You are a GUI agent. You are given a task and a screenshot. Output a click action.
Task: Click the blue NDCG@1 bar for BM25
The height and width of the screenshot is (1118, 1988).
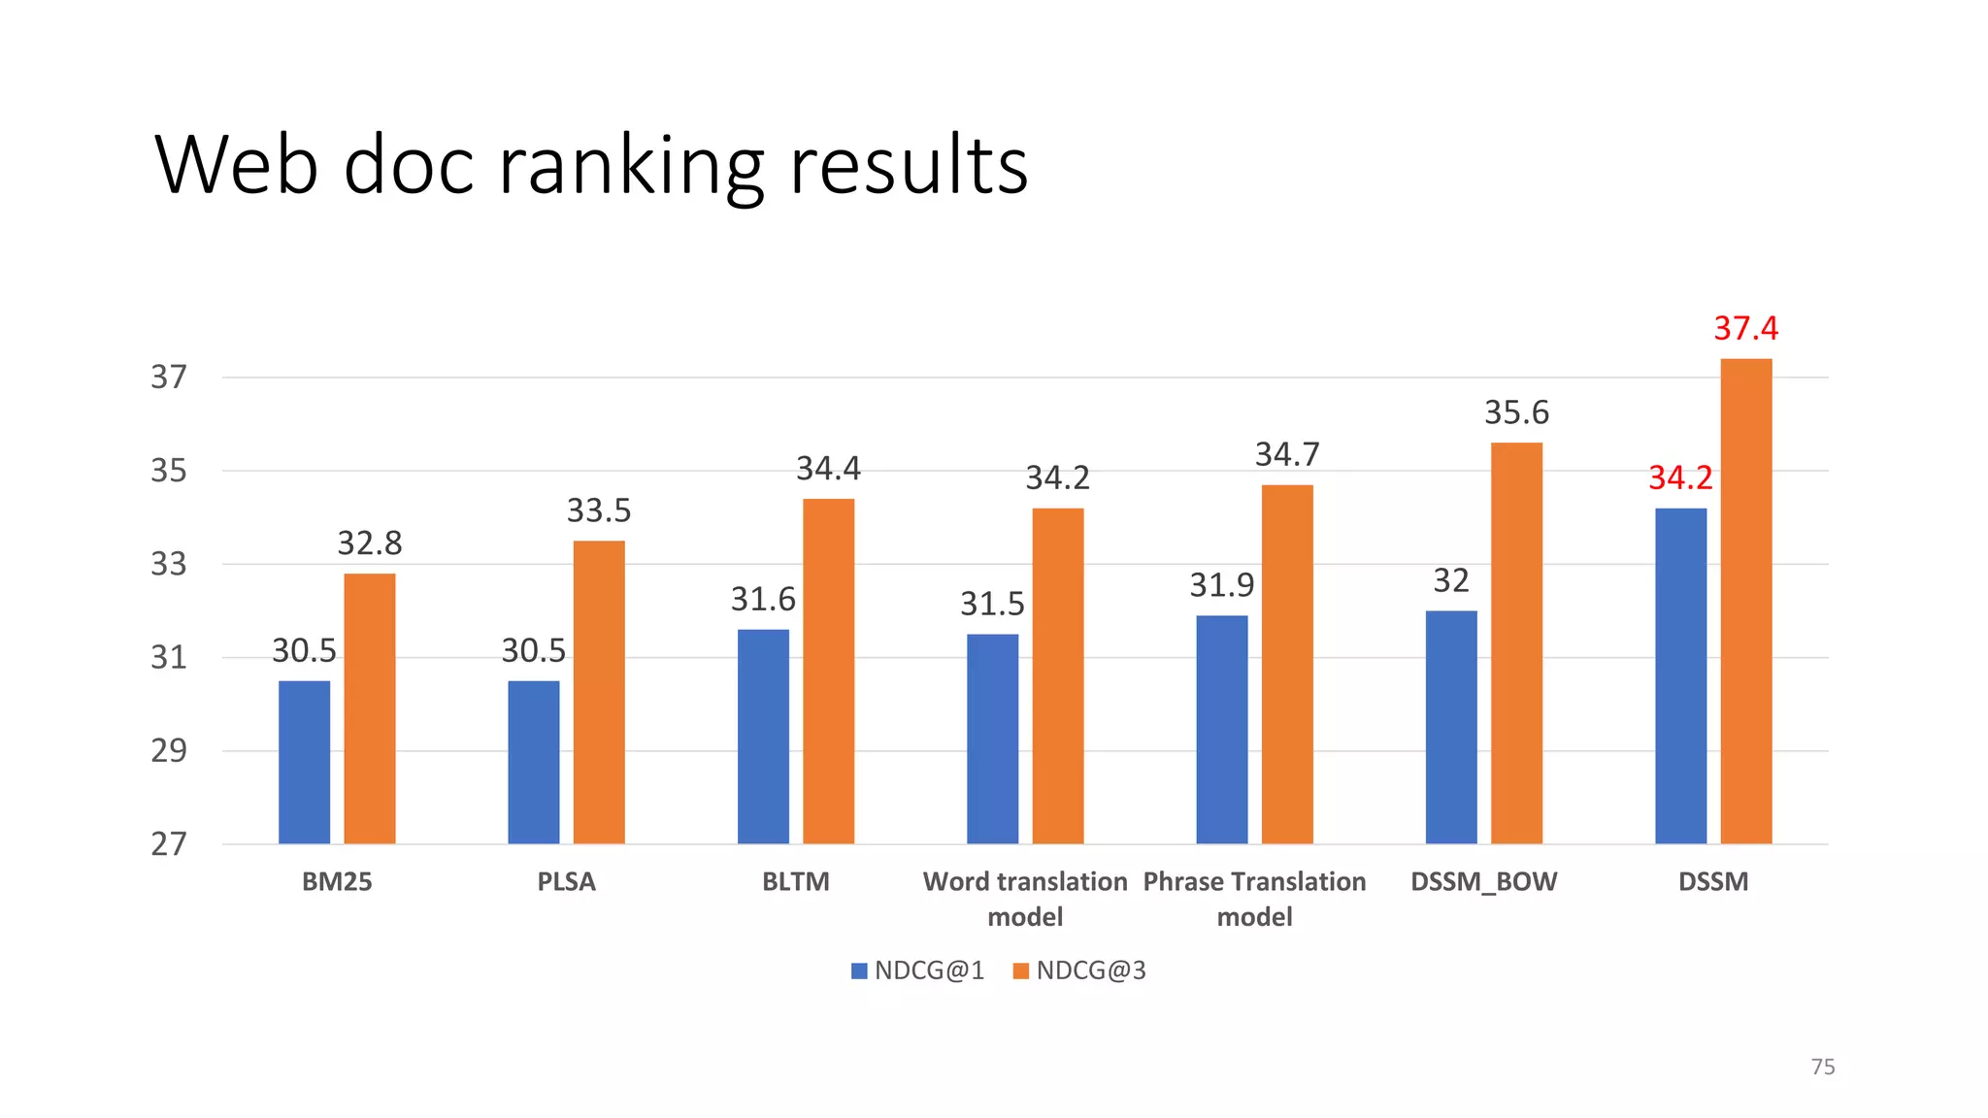pyautogui.click(x=304, y=762)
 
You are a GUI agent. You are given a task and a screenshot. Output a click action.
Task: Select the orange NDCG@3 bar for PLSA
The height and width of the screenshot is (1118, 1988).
pyautogui.click(x=599, y=692)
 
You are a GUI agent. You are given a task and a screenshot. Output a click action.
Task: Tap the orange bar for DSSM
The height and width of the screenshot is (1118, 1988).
pyautogui.click(x=1745, y=601)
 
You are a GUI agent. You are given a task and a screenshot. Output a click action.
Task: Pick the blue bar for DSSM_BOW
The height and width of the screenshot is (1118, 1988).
pyautogui.click(x=1451, y=727)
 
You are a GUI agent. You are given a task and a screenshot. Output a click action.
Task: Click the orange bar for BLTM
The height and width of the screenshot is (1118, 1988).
pyautogui.click(x=828, y=671)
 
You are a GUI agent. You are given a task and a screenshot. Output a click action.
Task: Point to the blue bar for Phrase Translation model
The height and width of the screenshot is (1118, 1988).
pyautogui.click(x=1221, y=729)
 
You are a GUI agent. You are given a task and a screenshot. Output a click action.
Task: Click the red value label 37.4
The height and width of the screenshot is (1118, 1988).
pyautogui.click(x=1745, y=328)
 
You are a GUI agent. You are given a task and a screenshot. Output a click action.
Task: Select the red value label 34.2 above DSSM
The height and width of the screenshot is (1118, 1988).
pyautogui.click(x=1680, y=477)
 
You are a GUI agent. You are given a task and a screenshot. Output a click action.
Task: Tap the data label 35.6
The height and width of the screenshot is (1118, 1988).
pyautogui.click(x=1516, y=412)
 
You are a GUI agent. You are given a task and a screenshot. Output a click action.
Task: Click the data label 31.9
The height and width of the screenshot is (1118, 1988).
pyautogui.click(x=1221, y=585)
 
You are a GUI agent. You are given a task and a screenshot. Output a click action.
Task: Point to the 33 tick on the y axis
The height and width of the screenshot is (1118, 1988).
pyautogui.click(x=168, y=564)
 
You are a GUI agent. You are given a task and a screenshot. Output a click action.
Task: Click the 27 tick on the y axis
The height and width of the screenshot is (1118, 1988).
pyautogui.click(x=168, y=844)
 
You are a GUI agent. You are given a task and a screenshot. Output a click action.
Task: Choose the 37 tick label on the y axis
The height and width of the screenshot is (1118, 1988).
pyautogui.click(x=168, y=377)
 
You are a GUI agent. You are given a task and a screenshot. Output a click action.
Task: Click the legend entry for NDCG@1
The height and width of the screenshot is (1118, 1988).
pyautogui.click(x=917, y=970)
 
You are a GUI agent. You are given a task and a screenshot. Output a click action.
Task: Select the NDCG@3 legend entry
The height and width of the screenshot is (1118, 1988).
pyautogui.click(x=1079, y=970)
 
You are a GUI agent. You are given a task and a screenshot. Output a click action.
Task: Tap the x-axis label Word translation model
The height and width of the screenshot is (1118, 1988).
pyautogui.click(x=1025, y=899)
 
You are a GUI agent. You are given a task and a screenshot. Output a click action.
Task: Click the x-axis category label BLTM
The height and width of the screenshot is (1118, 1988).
pyautogui.click(x=795, y=881)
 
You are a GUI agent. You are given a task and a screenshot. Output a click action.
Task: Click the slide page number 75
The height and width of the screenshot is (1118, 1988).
pyautogui.click(x=1822, y=1067)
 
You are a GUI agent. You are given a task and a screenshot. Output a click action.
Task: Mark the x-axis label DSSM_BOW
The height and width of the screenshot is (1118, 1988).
pyautogui.click(x=1483, y=881)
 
